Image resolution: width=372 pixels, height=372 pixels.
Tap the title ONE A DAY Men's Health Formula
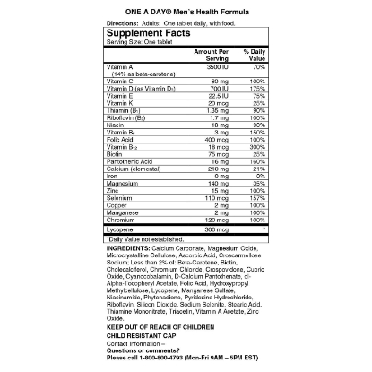pos(186,9)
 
